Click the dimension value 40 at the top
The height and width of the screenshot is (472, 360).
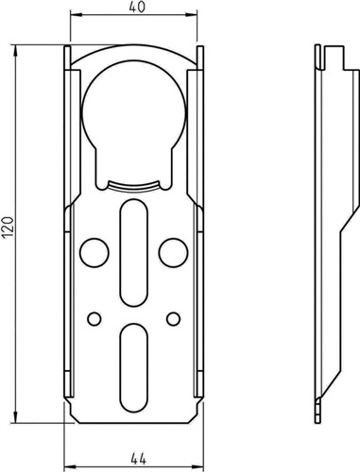pyautogui.click(x=137, y=8)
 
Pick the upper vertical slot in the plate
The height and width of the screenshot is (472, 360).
pyautogui.click(x=134, y=253)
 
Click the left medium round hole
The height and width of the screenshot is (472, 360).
pyautogui.click(x=94, y=253)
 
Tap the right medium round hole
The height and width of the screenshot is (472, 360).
pyautogui.click(x=174, y=253)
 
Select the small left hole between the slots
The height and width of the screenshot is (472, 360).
pyautogui.click(x=94, y=319)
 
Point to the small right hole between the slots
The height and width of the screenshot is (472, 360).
pyautogui.click(x=174, y=319)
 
